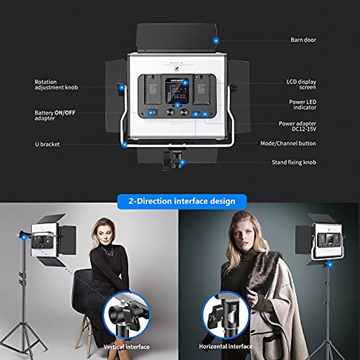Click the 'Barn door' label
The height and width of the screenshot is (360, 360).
303,40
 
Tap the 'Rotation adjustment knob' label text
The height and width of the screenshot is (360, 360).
56,85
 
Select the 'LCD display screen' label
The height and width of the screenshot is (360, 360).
301,84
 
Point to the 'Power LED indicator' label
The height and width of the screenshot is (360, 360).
302,104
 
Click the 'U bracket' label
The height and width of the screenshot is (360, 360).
47,144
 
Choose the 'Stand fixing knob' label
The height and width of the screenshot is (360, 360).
294,162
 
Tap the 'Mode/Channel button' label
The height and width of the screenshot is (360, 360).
288,143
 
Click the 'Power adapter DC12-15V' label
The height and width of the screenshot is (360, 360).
297,126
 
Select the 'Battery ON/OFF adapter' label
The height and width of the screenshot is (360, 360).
55,115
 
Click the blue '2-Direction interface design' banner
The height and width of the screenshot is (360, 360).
182,201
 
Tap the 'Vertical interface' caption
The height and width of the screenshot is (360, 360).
126,347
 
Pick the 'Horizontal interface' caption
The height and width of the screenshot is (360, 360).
226,346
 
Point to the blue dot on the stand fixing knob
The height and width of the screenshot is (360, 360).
182,163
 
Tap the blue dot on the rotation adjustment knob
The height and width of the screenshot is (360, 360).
121,88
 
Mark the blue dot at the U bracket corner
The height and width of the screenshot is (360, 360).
124,145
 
